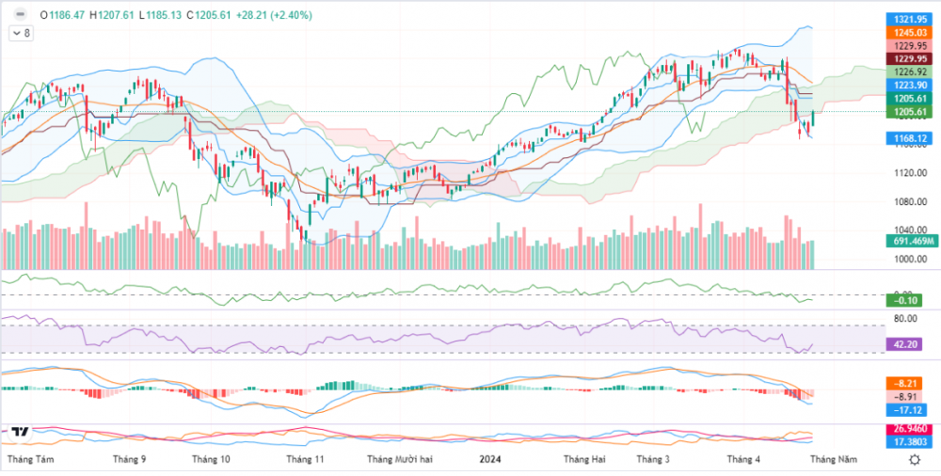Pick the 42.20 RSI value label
pos(907,344)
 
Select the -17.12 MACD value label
pos(907,410)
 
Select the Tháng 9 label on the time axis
pos(129,459)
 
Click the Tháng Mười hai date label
pos(400,459)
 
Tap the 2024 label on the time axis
pos(489,459)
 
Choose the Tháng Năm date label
pos(835,459)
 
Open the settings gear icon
pos(914,459)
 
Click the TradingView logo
pos(19,432)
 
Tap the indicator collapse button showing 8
pos(21,33)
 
